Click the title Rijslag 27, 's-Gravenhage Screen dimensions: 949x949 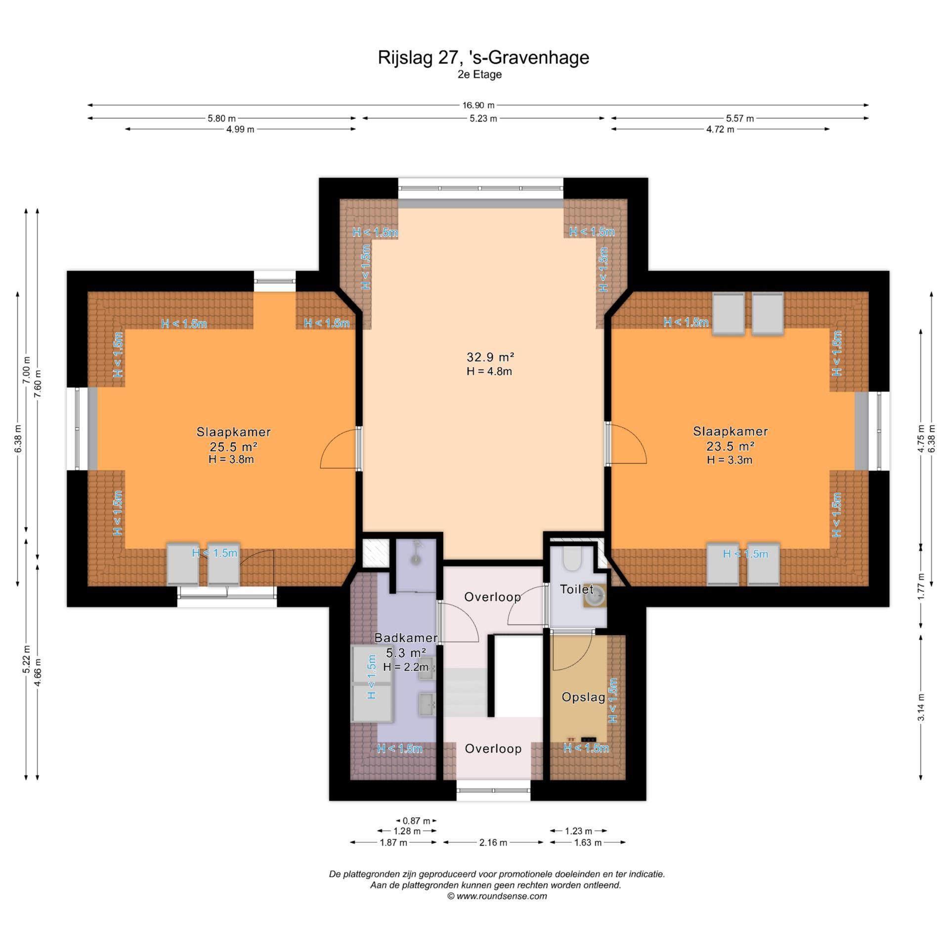[x=483, y=57]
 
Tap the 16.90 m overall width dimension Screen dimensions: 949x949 [x=478, y=105]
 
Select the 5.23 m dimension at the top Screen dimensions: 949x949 [x=483, y=119]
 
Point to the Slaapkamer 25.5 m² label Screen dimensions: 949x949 [x=233, y=439]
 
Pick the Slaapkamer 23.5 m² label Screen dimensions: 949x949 [x=730, y=439]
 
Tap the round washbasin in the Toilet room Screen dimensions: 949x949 [x=595, y=597]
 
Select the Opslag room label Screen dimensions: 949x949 [x=583, y=697]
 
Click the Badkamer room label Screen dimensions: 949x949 [x=405, y=638]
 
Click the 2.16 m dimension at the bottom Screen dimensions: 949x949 [x=493, y=842]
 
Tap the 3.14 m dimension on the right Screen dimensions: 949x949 [x=921, y=707]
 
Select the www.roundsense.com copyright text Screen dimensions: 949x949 [x=497, y=896]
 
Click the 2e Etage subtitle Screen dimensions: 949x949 [x=479, y=75]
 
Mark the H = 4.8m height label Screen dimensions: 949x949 [x=489, y=372]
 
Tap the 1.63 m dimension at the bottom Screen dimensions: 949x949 [x=588, y=842]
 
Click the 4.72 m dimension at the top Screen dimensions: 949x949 [x=720, y=129]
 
